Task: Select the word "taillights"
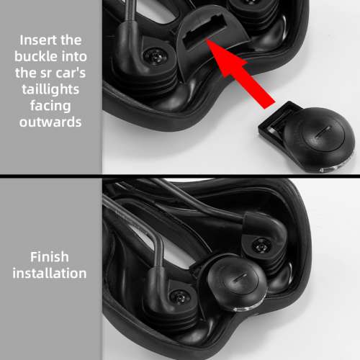click(50, 89)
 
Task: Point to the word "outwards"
click(50, 122)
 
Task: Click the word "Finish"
click(50, 257)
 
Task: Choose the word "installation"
click(50, 274)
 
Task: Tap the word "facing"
click(50, 106)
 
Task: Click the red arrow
click(240, 73)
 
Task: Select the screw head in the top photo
click(156, 57)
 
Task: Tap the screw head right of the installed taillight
click(261, 246)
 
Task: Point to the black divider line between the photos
click(180, 176)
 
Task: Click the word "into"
click(74, 57)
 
